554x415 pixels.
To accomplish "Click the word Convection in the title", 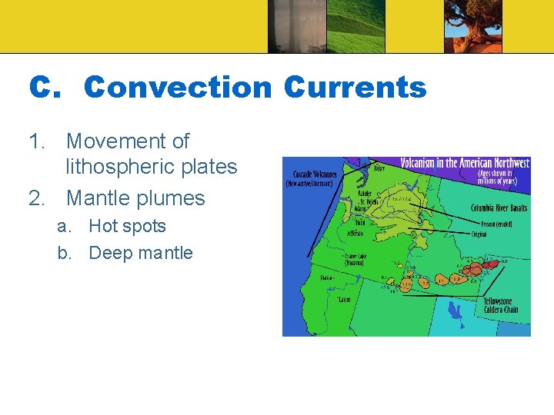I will click(177, 88).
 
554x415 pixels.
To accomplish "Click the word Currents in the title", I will click(355, 88).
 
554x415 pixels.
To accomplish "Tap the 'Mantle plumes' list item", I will click(135, 198).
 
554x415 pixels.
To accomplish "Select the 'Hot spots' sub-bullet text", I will click(127, 226).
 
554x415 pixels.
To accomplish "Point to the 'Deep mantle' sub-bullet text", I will click(141, 253).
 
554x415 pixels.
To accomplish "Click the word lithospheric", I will click(152, 167).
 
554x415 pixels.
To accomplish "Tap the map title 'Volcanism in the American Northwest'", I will click(465, 163).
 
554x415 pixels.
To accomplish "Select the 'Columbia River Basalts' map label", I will click(499, 208).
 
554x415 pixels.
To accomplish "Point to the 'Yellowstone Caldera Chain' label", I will click(501, 305).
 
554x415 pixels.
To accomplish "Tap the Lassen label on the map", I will click(344, 300).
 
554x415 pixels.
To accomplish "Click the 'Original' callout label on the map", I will click(479, 234).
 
